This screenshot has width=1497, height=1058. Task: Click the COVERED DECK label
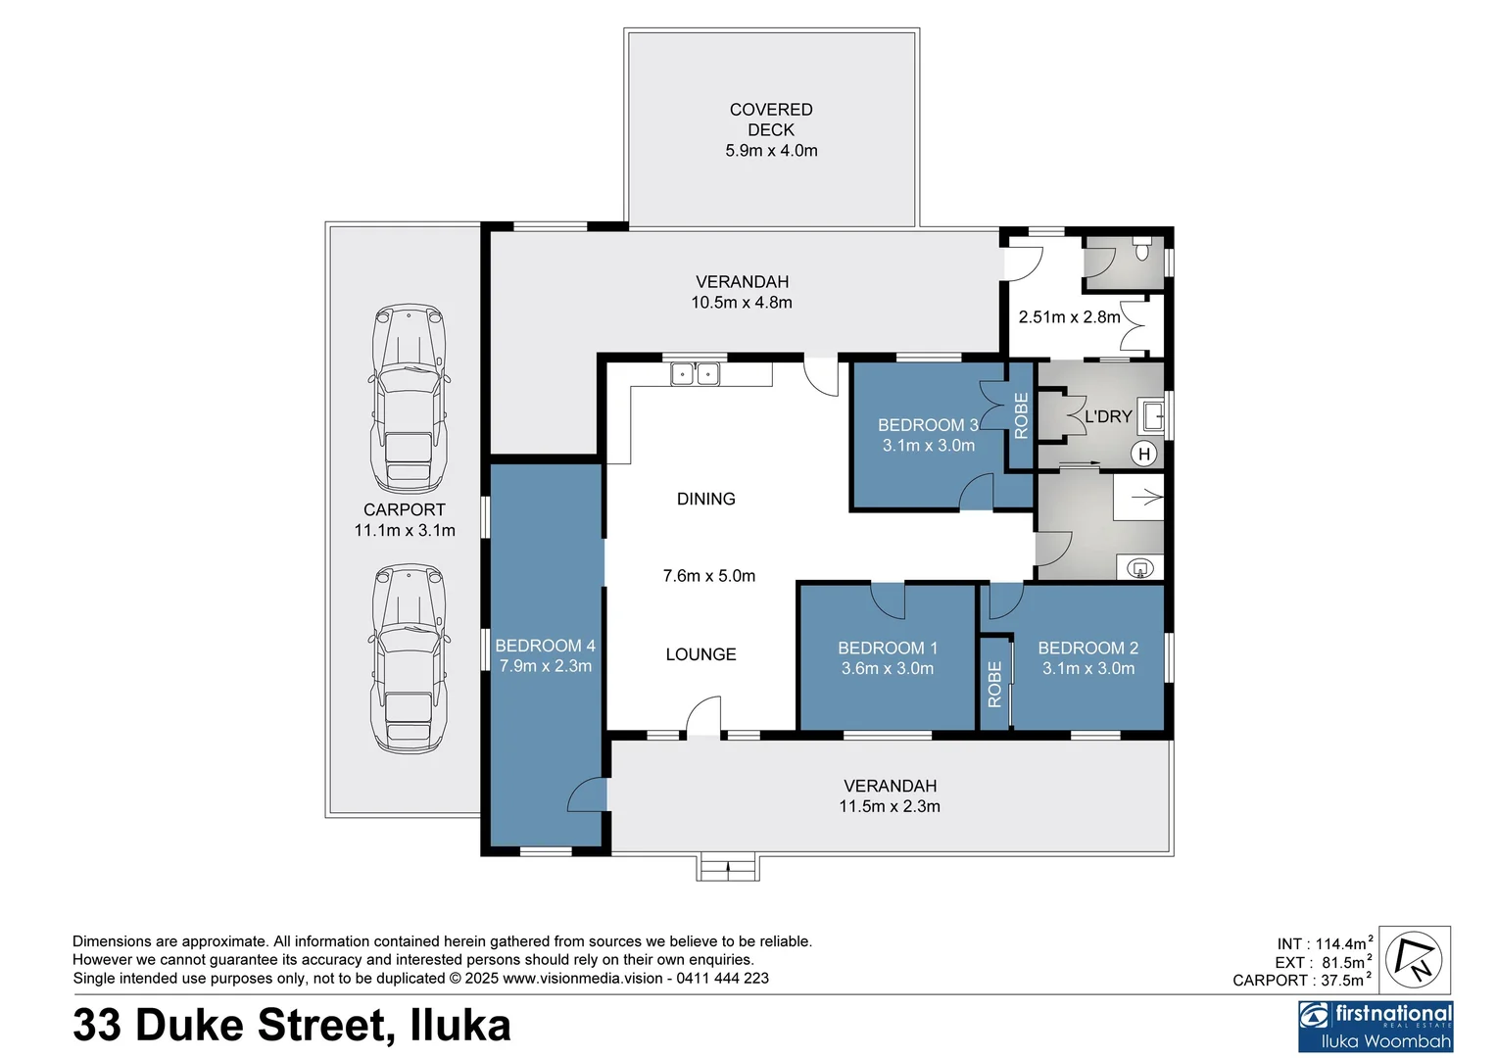point(771,120)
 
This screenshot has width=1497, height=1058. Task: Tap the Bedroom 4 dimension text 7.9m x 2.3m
point(546,666)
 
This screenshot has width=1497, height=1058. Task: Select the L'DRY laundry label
point(1108,416)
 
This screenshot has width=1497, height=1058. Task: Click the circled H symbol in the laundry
point(1143,454)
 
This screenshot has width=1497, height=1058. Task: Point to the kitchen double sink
point(695,374)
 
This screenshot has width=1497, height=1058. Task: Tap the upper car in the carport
point(409,398)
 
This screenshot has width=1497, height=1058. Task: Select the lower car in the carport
point(409,658)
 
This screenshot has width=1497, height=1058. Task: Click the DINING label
point(705,499)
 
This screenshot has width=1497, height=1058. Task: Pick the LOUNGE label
point(700,654)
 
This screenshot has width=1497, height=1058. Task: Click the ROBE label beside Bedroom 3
point(1021,415)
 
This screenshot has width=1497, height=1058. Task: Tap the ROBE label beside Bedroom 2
point(995,684)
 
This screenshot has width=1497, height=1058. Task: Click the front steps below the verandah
point(728,867)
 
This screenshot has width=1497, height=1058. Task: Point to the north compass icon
point(1417,959)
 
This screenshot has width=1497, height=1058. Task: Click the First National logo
point(1376,1025)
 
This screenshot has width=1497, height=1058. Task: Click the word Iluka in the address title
point(459,1025)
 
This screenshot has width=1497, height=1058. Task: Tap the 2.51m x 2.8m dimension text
point(1069,316)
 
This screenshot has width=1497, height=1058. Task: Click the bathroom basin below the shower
point(1139,567)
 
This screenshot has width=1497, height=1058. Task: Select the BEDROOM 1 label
point(888,648)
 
